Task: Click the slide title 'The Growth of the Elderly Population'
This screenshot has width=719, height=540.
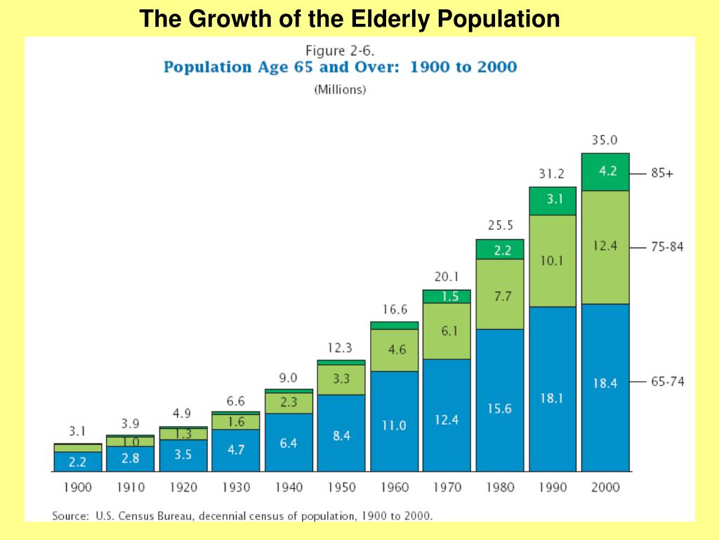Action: [349, 18]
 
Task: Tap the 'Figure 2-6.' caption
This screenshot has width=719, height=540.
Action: [340, 51]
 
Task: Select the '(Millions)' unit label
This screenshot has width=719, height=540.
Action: [340, 90]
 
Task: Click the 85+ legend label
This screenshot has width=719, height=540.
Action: [661, 173]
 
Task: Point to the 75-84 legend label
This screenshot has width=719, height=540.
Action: [666, 247]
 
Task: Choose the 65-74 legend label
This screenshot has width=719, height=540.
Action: [666, 382]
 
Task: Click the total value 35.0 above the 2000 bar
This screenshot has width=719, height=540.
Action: [605, 140]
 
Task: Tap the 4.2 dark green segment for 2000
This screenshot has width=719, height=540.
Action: [605, 171]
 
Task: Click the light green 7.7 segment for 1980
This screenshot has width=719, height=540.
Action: [499, 297]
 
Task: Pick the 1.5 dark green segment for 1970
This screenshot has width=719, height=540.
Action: [447, 297]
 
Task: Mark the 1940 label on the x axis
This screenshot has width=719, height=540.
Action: [289, 487]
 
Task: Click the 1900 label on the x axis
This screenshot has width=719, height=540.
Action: [77, 487]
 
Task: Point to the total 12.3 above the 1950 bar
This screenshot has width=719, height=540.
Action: [340, 347]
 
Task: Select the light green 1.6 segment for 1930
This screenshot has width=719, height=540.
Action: [236, 422]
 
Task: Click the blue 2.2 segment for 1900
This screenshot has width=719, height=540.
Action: [77, 461]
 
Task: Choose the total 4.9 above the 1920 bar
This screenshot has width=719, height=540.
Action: [183, 413]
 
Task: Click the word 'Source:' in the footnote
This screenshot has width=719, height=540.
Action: [70, 516]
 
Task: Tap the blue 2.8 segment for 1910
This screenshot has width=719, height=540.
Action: [131, 458]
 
